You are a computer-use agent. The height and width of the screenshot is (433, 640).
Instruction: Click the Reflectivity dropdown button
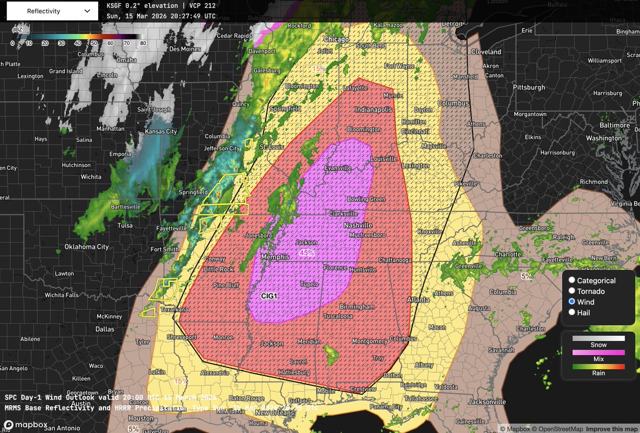(52, 10)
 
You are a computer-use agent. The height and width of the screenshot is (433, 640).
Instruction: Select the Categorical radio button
(572, 280)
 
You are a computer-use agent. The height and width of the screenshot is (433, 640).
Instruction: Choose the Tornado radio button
(572, 291)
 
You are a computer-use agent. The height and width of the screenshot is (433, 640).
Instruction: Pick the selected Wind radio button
(572, 302)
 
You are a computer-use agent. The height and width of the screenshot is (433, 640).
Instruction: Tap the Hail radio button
(572, 312)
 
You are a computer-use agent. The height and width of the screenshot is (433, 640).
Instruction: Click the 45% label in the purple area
(307, 253)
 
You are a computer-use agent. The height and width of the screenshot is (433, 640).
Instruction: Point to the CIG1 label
(271, 295)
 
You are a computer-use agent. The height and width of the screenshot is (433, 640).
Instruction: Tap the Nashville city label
(357, 225)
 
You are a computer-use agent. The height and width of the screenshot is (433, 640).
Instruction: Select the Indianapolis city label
(373, 109)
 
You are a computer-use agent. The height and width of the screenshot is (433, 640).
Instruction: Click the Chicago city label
(337, 40)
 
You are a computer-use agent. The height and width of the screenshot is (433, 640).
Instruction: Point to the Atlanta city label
(419, 300)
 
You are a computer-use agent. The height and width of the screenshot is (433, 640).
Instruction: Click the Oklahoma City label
(86, 247)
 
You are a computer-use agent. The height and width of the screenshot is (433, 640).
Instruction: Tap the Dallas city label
(105, 329)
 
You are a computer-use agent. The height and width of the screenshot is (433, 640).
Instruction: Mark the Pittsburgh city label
(529, 87)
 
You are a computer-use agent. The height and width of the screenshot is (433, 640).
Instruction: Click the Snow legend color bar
(598, 338)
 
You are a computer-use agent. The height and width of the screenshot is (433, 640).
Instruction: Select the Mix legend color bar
(598, 352)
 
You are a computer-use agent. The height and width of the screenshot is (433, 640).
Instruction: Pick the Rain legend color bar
(598, 366)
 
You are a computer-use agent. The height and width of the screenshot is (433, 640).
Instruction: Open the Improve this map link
(612, 428)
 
